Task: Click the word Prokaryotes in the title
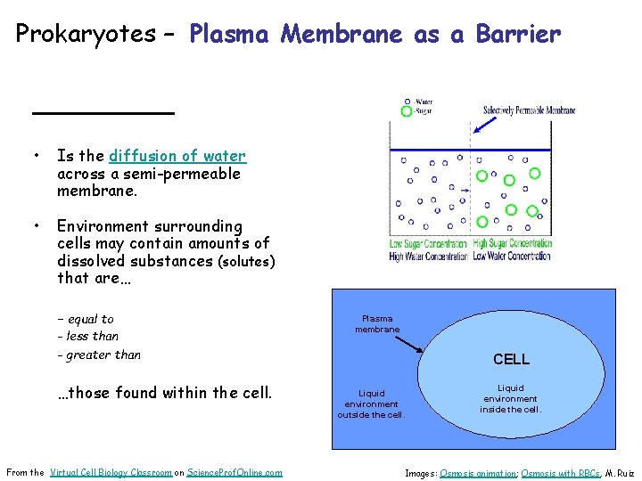pos(86,35)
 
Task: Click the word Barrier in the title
pos(518,35)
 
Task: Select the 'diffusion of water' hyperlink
pos(177,156)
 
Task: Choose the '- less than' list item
pos(87,336)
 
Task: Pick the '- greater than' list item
pos(98,355)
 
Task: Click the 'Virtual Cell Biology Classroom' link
pos(111,472)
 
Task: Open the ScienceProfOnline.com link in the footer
pos(235,472)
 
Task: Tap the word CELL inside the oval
pos(511,359)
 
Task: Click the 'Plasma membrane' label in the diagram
pos(377,323)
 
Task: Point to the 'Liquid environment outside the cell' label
pos(371,404)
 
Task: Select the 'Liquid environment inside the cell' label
pos(511,398)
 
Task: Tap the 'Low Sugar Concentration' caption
pos(428,243)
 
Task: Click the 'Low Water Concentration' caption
pos(512,256)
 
